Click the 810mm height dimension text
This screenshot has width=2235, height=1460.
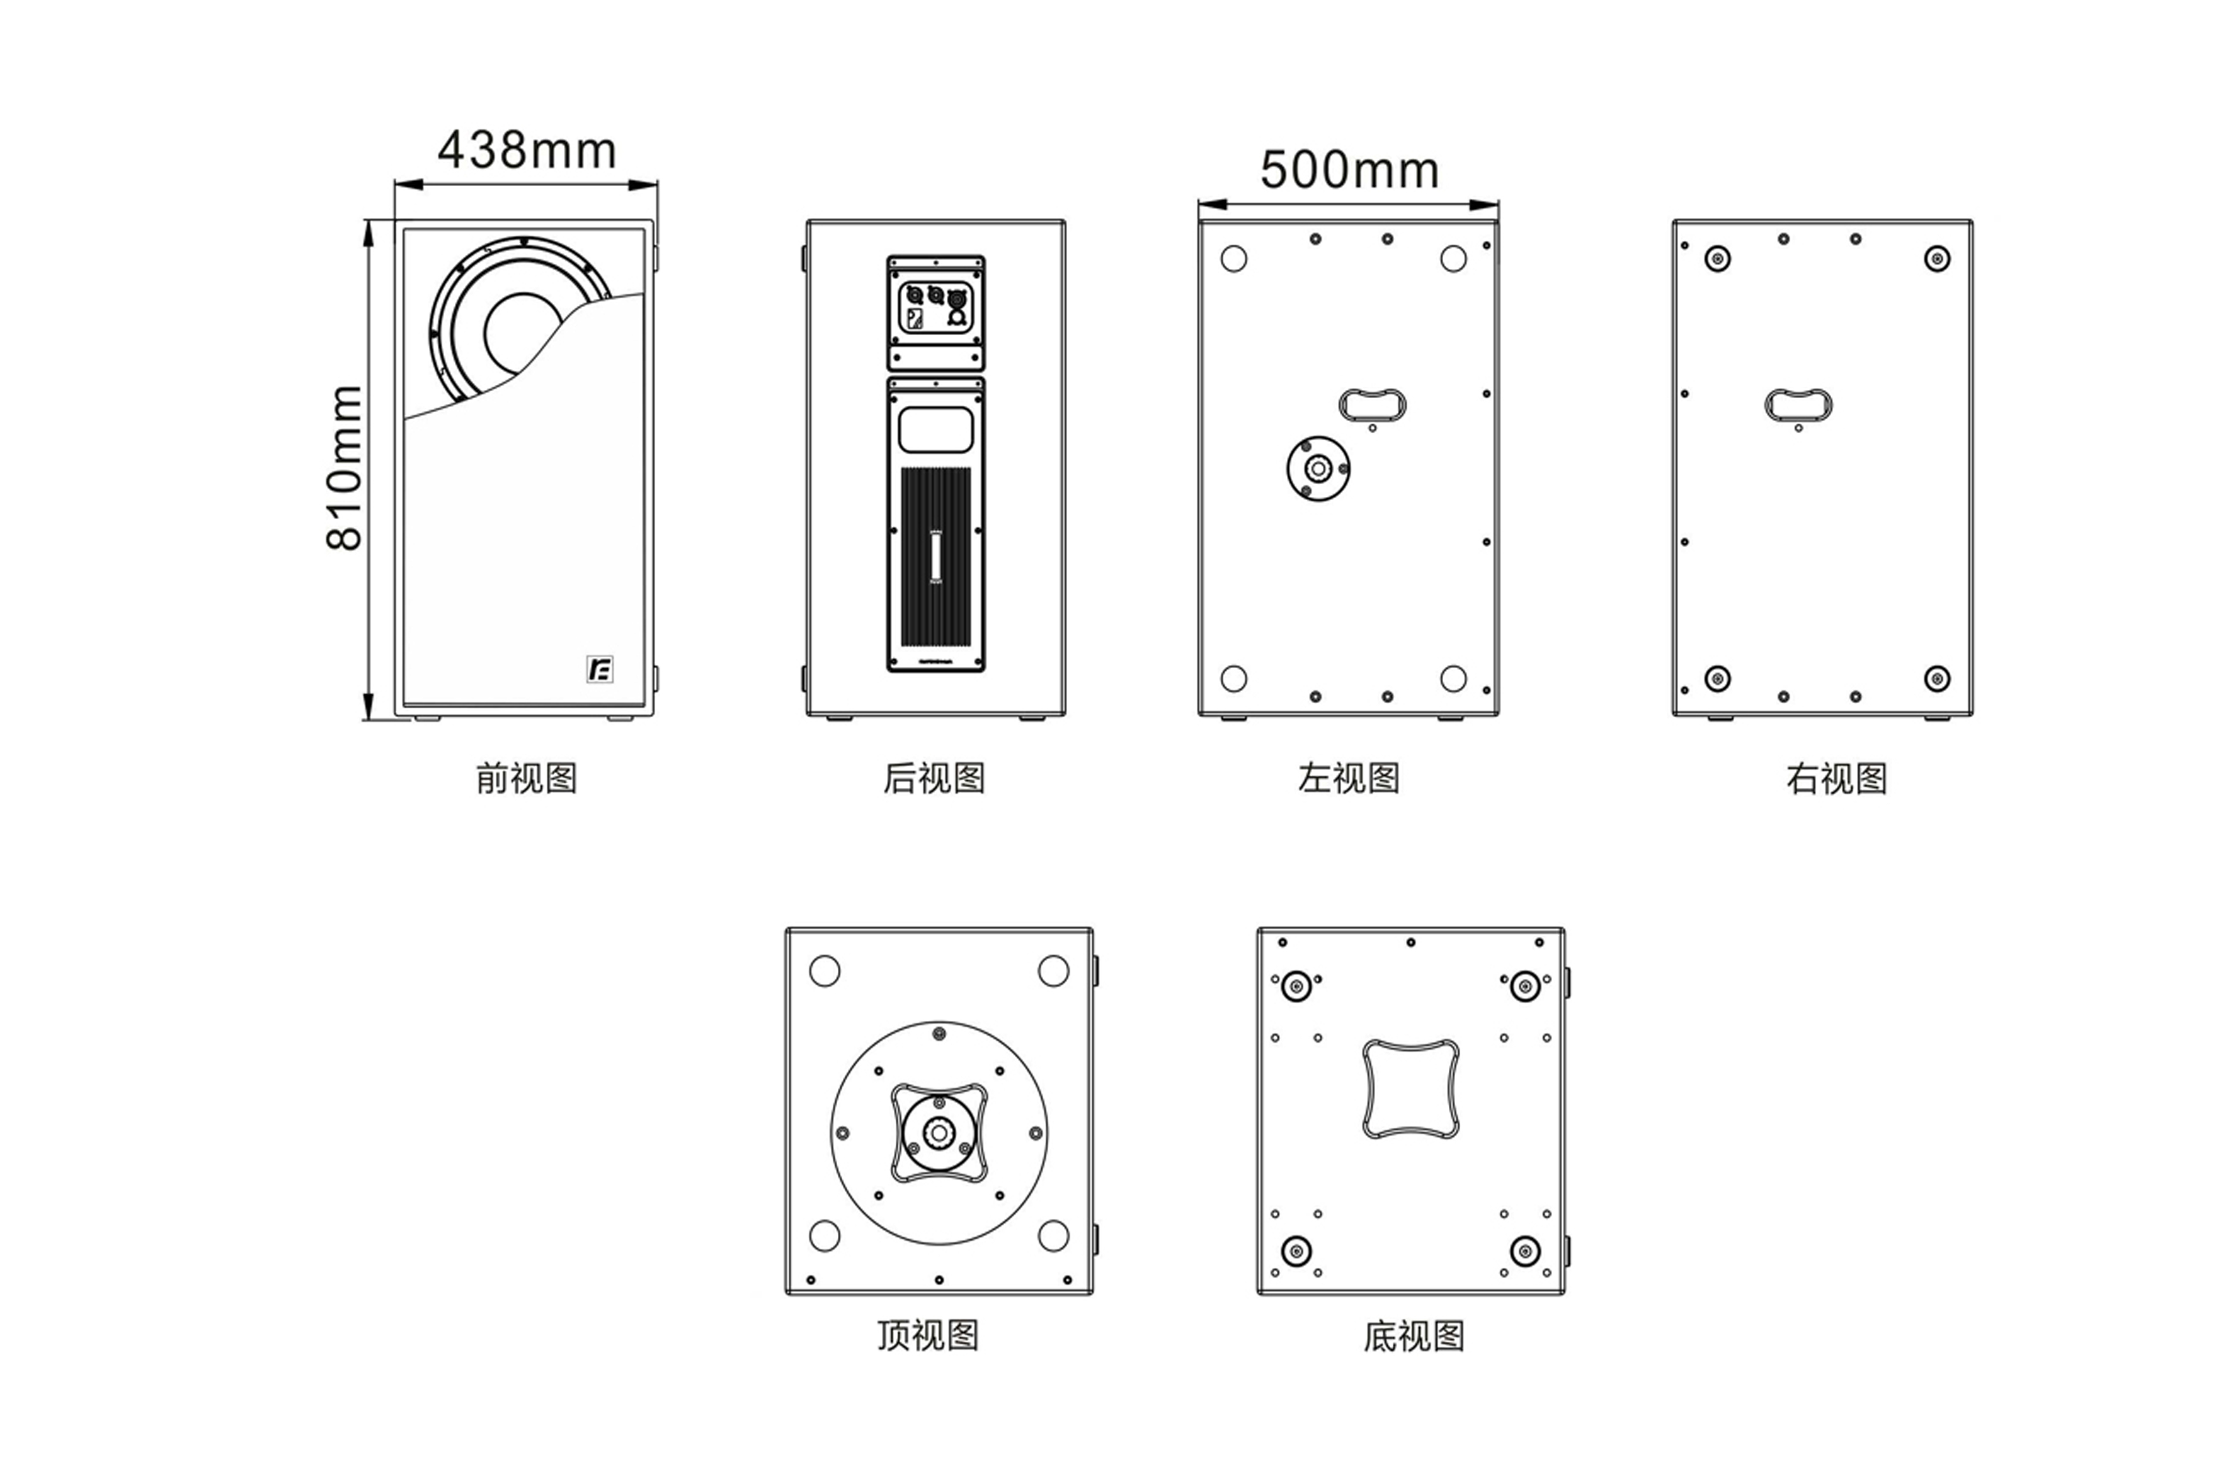pos(345,467)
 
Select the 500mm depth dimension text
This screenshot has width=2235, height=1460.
pos(1349,170)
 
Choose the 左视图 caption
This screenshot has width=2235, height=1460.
pos(1349,778)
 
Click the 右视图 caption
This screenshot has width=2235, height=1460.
pos(1836,778)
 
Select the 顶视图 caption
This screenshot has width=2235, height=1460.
pos(928,1335)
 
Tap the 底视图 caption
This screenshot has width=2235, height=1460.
pos(1413,1335)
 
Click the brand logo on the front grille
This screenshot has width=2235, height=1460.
pos(599,669)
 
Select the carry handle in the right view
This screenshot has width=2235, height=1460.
pos(1799,404)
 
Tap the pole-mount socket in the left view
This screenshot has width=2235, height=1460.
pos(1318,468)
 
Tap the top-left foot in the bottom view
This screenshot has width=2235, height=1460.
pos(1297,987)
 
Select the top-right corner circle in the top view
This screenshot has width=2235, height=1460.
pos(1053,971)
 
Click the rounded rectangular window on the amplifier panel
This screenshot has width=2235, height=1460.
pos(935,430)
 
